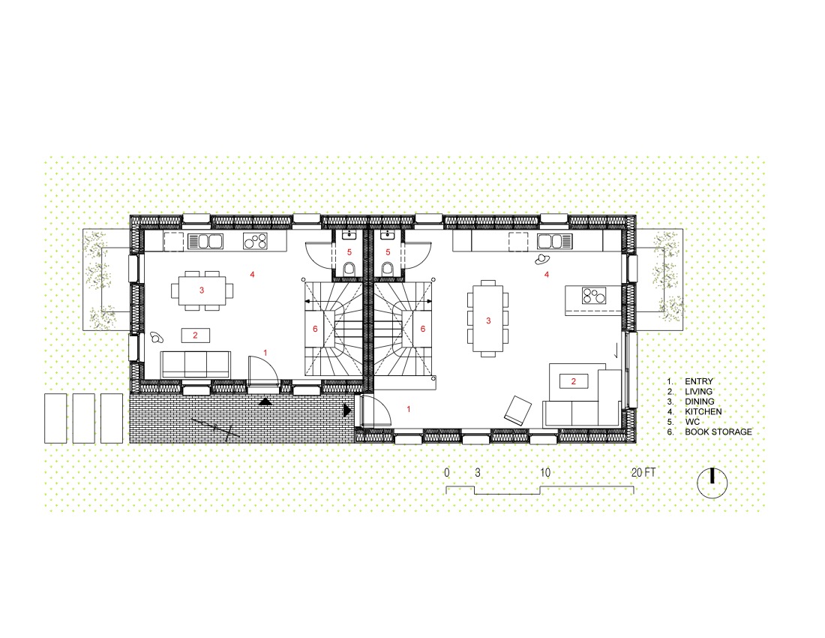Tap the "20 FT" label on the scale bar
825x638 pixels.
(x=643, y=473)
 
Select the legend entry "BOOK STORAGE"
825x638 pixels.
(x=718, y=432)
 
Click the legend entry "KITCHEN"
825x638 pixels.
(x=703, y=411)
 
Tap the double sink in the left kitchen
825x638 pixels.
(x=205, y=242)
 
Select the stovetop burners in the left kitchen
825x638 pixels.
(x=255, y=241)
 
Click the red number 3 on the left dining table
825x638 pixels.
(x=202, y=290)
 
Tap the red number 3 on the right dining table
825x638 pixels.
(x=488, y=321)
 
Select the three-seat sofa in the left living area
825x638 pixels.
(x=196, y=365)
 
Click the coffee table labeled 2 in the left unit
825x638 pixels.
(x=195, y=336)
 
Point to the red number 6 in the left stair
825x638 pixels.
(x=315, y=329)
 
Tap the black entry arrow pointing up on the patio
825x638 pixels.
(x=265, y=402)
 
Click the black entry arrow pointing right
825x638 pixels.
(x=347, y=410)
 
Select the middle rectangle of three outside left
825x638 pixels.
(x=84, y=418)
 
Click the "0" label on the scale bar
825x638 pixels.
(x=447, y=473)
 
